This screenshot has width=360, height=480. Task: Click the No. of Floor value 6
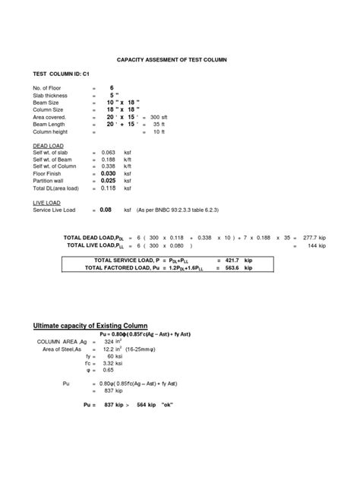coord(112,88)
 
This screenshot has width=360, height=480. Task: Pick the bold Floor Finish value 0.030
coord(110,174)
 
